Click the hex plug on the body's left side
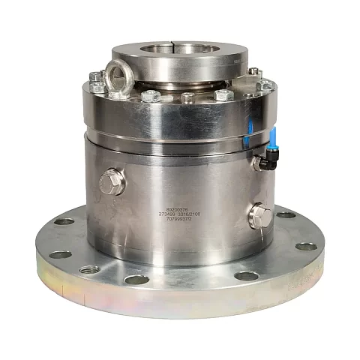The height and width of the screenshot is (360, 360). (111, 181)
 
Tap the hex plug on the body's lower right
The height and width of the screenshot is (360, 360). (259, 215)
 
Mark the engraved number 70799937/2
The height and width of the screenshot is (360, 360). (180, 221)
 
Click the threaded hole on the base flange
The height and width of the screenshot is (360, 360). (89, 269)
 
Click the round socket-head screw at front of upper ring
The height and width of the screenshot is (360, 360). (188, 97)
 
